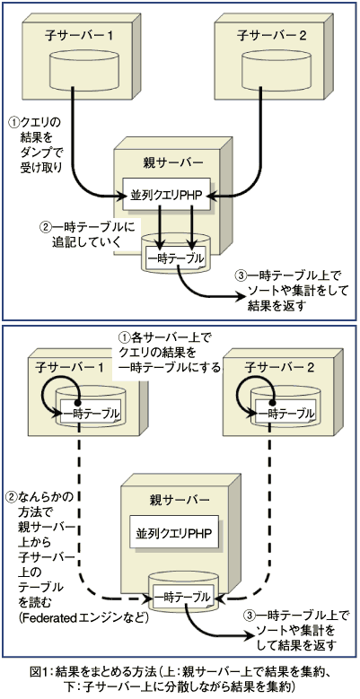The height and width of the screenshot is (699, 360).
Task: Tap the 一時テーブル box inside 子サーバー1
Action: pos(92,413)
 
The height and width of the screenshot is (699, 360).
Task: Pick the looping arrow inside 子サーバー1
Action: pos(60,389)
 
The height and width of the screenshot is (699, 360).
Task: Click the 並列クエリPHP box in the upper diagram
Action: pos(166,196)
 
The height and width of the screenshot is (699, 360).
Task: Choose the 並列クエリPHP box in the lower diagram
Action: pos(174,532)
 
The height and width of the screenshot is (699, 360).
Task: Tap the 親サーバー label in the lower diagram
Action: pos(180,499)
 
